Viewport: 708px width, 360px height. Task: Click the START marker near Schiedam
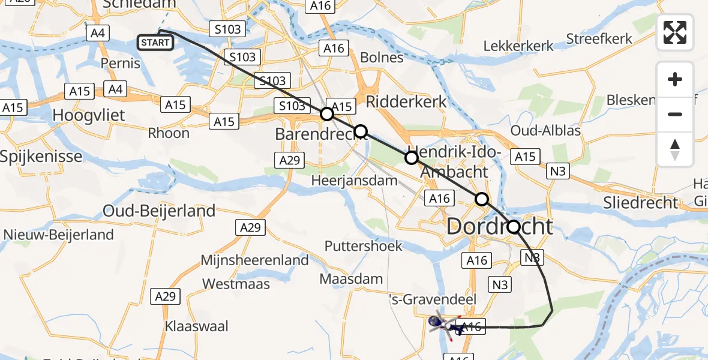point(155,43)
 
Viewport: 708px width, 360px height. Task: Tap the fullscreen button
point(675,32)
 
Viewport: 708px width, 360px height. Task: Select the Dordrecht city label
point(499,227)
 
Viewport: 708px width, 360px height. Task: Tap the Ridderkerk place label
point(406,101)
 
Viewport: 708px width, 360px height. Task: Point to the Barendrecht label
point(320,134)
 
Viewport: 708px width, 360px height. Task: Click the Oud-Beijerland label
point(159,211)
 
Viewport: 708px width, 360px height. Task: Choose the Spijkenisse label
point(41,157)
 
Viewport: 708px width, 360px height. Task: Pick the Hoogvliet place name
point(89,115)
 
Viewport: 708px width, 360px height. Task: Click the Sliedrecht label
point(641,203)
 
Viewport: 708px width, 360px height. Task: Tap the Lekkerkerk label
point(518,46)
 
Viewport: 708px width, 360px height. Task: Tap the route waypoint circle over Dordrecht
point(514,227)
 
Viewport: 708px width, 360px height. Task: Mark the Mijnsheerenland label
point(255,260)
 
